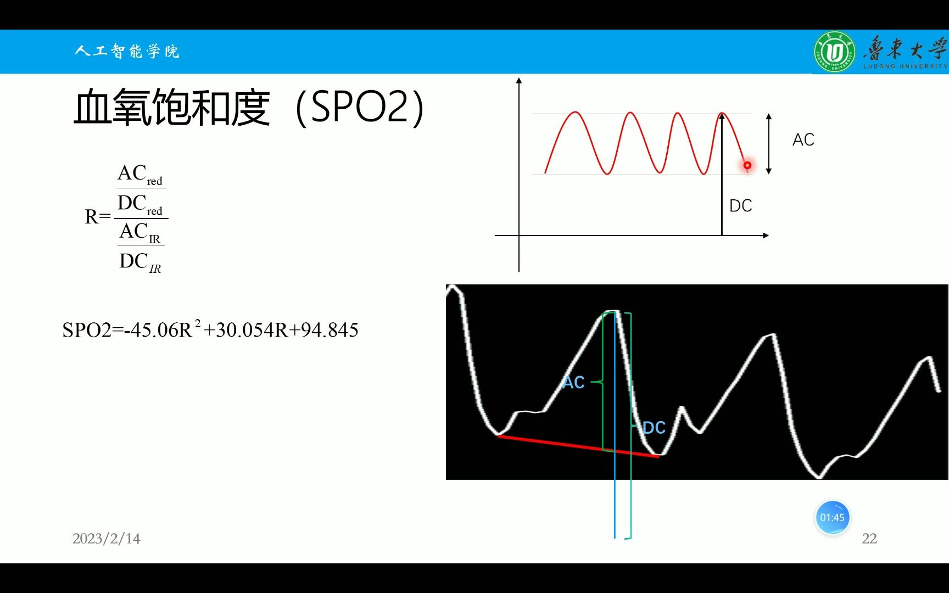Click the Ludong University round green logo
[834, 52]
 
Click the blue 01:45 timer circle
[832, 517]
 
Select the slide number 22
[869, 539]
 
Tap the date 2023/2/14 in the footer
[107, 539]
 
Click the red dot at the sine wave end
[747, 165]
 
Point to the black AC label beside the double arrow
[803, 140]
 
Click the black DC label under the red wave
[740, 206]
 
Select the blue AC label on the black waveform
[573, 383]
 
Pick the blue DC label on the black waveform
[654, 428]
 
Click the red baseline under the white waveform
[578, 446]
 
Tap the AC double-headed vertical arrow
[769, 144]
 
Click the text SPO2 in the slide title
[359, 107]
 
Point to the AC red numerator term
[140, 175]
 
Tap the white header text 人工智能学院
[127, 51]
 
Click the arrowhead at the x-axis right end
[765, 236]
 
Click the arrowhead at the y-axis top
[519, 81]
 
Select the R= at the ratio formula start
[98, 217]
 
